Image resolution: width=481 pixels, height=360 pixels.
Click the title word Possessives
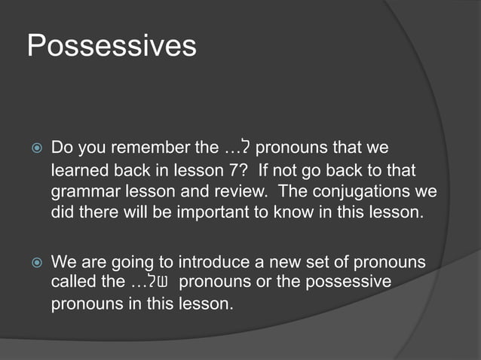point(112,46)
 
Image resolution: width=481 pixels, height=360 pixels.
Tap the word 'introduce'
point(213,263)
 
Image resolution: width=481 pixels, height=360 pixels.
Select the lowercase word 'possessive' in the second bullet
point(348,282)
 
